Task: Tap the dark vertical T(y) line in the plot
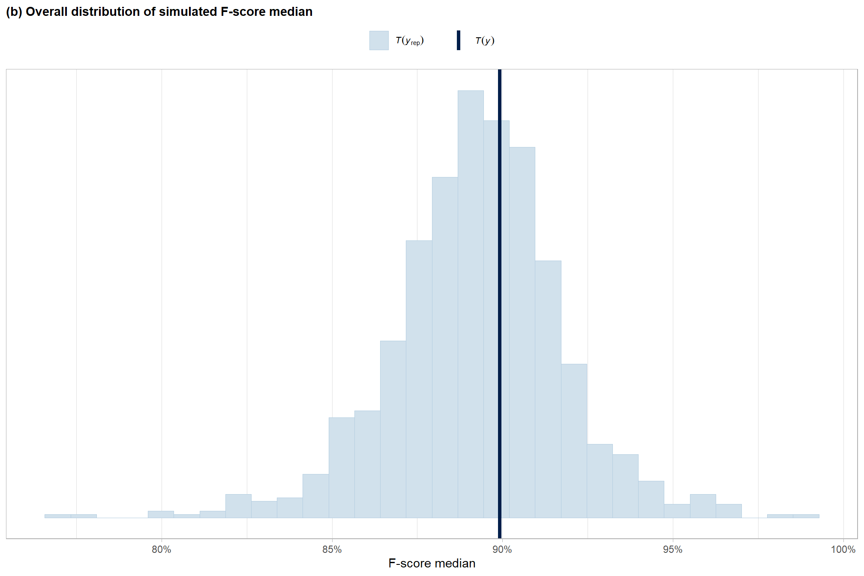coord(500,300)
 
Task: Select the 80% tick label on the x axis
coord(162,549)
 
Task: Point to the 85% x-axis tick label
coord(332,549)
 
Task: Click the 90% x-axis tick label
coord(502,549)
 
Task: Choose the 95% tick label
coord(673,549)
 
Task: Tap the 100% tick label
coord(843,549)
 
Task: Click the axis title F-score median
coord(432,563)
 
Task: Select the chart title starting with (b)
coord(159,12)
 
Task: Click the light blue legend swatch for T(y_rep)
coord(379,40)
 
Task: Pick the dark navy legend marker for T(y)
coord(459,40)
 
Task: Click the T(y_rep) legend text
coord(410,41)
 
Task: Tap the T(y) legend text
coord(485,41)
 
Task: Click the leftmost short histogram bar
coord(58,516)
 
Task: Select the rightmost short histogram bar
coord(806,516)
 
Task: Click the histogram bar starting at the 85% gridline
coord(342,467)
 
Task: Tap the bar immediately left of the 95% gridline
coord(651,499)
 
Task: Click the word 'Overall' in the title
coord(47,12)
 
